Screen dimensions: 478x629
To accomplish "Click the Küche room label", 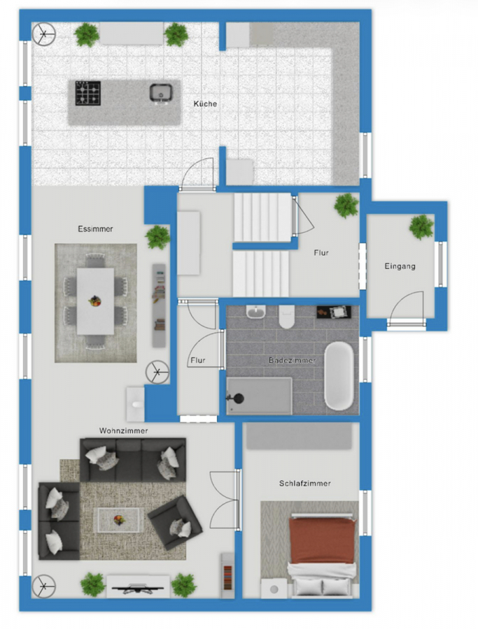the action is point(205,103).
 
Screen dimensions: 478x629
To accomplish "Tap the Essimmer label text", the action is point(95,229).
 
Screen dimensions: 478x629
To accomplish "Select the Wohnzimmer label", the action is point(124,431).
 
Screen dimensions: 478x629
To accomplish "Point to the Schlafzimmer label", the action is point(305,484).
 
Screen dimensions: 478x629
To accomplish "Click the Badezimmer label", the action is point(292,360).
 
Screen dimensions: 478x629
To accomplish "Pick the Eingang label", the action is point(400,266).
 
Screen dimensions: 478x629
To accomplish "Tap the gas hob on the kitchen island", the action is point(88,93).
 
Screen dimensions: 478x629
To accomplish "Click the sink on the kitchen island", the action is point(161,93).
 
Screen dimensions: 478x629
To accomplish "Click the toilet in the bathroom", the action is point(286,317).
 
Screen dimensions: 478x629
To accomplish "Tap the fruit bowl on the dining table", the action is point(94,301).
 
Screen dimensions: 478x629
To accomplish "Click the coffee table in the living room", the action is point(118,520).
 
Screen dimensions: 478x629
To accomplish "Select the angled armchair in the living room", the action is point(175,523).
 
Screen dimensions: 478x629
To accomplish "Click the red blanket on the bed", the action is point(323,540).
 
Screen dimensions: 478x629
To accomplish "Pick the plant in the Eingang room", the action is point(421,227).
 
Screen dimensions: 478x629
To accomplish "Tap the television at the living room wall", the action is point(138,588).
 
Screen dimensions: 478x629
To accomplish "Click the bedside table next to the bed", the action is point(274,588).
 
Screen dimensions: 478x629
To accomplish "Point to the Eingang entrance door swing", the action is point(406,307).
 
